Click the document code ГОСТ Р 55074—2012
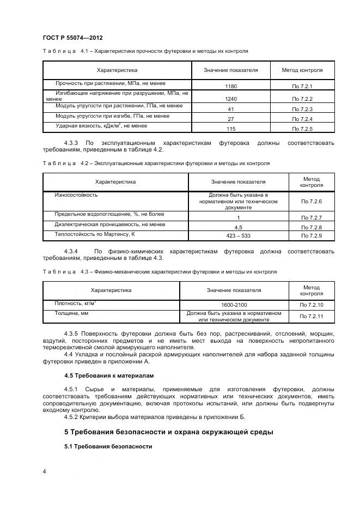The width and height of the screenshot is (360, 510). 72,38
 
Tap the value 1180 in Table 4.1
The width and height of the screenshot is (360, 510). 230,87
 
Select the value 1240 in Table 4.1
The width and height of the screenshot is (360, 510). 230,99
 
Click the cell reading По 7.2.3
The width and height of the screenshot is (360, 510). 302,109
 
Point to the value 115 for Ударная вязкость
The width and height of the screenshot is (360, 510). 230,129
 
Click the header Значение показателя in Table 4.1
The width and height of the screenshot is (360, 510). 230,70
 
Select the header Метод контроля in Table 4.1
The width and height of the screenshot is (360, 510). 302,70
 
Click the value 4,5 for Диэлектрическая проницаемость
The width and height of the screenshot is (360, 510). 238,227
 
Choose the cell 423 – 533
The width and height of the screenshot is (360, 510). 238,235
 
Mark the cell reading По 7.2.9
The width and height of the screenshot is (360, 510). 312,235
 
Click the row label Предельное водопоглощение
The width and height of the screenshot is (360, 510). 109,214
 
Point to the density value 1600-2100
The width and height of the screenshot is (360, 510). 237,305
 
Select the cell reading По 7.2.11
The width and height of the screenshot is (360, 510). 312,316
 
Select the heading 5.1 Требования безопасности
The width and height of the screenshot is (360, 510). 108,446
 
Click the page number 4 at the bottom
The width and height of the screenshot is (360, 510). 44,471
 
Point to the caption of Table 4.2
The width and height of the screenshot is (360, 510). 156,163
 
